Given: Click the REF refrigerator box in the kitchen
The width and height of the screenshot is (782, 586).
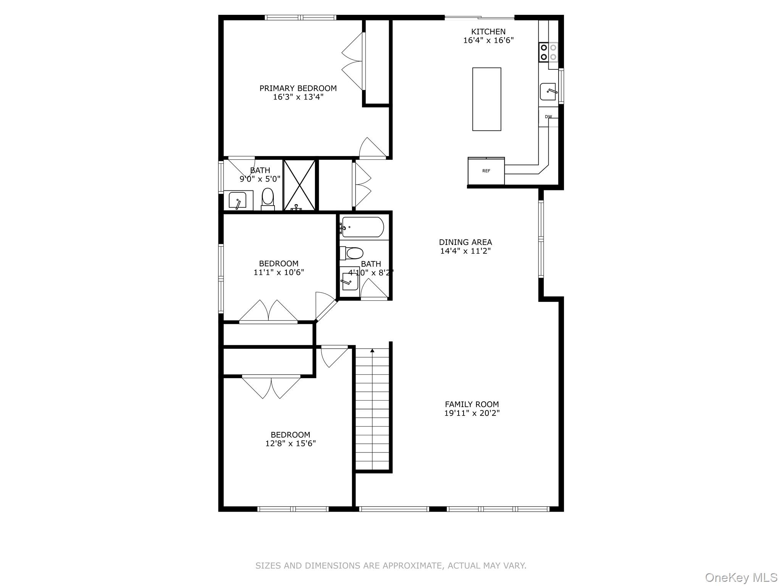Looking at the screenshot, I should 486,171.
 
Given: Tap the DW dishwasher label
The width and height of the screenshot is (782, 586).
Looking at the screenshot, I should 548,117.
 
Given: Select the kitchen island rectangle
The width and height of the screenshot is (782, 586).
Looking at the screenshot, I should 486,99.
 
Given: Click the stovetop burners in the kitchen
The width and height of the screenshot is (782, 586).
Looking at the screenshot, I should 548,52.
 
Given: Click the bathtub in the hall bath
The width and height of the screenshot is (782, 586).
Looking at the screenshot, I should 362,227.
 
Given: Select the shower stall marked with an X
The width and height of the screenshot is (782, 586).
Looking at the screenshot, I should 300,185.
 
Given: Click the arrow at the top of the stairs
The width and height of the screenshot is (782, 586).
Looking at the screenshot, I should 372,350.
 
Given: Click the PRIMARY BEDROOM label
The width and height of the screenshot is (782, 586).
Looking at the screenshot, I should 298,88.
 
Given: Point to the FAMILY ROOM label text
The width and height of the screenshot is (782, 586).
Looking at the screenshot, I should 472,404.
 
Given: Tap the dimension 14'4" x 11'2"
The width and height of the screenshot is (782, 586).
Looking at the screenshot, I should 465,251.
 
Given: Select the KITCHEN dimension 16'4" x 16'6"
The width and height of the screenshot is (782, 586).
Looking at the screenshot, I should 488,40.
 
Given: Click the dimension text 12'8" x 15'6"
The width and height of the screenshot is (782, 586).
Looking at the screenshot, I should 290,443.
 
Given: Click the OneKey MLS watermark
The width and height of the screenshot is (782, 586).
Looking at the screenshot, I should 741,577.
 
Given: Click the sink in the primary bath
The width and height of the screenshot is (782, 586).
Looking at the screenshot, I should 237,200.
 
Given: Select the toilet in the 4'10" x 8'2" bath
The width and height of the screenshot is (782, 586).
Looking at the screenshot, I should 354,253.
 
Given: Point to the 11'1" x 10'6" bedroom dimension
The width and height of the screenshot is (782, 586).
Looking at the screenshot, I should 279,272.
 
